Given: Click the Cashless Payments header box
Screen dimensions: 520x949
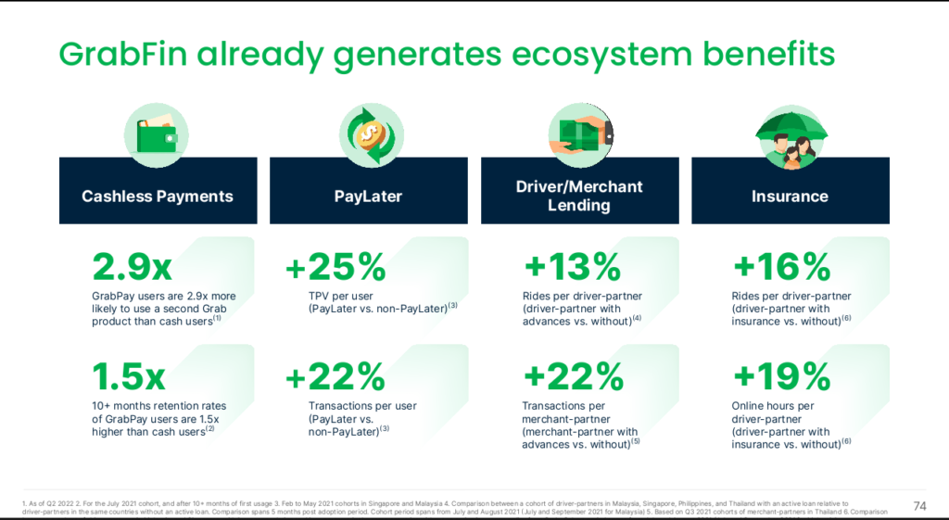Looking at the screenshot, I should coord(158,196).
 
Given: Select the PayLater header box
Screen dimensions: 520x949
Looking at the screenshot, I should coord(369,196).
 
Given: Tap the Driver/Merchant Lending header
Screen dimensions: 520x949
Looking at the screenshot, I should coord(579,196).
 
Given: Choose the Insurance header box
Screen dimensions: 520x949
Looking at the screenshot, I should coord(790,196).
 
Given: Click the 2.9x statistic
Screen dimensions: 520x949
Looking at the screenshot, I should coord(132,268).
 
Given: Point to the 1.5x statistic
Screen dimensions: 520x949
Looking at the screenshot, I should coord(128,377).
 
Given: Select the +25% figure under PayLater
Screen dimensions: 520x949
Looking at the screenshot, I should coord(335,268).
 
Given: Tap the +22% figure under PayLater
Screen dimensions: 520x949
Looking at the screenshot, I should coord(335,377).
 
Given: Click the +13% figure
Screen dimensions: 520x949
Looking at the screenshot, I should coord(571,268).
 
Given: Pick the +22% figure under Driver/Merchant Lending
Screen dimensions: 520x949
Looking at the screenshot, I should coord(573,377).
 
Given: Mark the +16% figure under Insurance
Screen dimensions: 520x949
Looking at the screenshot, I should coord(780,268).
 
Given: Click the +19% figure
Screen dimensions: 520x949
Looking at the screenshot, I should coord(780,377).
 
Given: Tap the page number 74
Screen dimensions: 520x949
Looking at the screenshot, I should coord(919,505).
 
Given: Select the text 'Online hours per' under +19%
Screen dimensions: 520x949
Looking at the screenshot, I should coord(774,406).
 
